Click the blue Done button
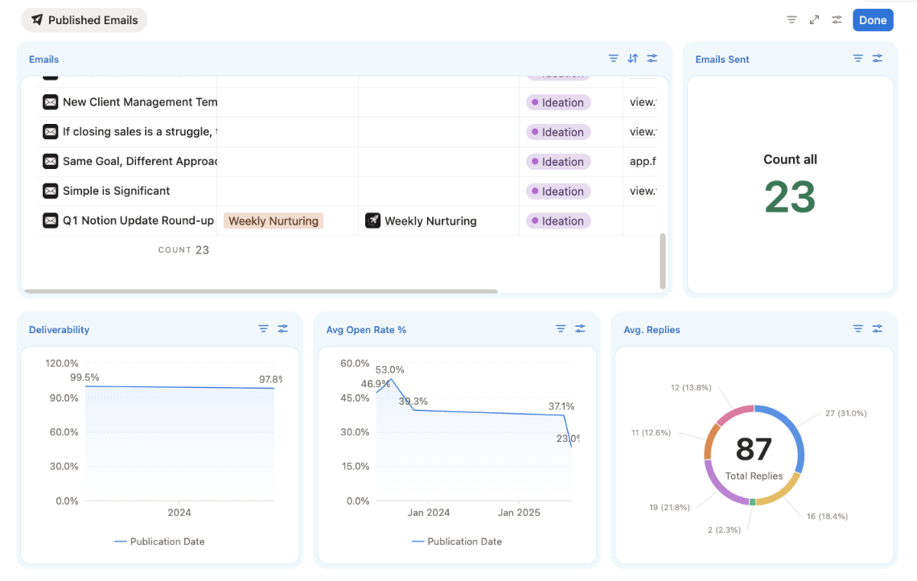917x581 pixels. (872, 20)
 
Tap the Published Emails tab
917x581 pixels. (84, 20)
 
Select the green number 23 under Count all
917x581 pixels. (789, 197)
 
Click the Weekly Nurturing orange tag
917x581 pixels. (273, 220)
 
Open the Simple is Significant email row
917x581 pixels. (116, 191)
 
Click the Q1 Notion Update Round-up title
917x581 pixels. (138, 220)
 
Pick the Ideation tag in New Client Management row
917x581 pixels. (558, 102)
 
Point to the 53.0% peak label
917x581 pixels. (389, 370)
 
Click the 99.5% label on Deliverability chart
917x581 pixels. (84, 377)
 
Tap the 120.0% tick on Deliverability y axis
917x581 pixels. (62, 363)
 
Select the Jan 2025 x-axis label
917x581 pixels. (519, 513)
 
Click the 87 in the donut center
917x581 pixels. (754, 449)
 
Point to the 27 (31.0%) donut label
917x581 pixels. (845, 414)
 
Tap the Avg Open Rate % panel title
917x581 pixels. (366, 330)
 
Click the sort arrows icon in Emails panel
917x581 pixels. (633, 59)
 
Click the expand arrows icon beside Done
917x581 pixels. (814, 20)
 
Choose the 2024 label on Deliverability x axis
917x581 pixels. (179, 513)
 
